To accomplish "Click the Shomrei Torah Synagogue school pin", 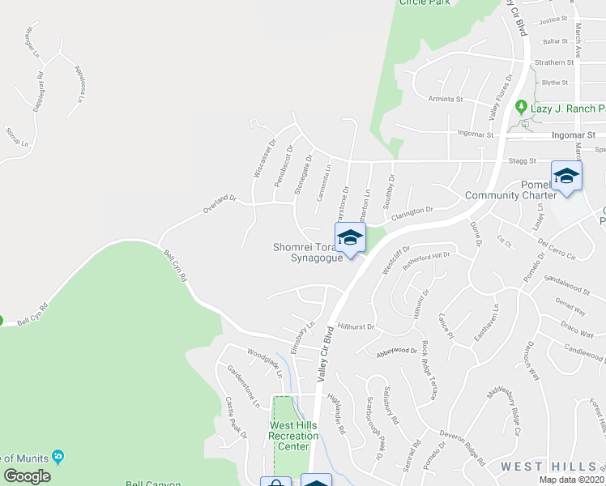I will [350, 239].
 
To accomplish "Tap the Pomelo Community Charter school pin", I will [566, 176].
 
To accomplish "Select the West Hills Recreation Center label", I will [293, 436].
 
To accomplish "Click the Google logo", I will [27, 476].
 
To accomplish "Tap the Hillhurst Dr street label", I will [356, 326].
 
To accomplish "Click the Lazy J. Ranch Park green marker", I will [520, 107].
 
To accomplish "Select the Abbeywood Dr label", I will [396, 352].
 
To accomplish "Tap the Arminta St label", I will [445, 100].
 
